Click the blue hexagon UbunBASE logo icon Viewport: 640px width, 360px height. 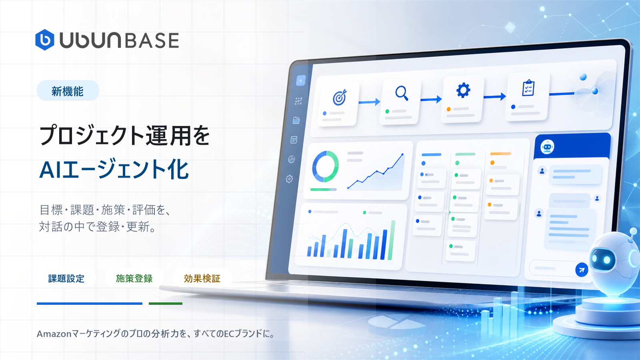[44, 40]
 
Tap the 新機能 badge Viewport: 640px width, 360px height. [68, 91]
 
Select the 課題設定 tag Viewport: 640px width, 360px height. [66, 278]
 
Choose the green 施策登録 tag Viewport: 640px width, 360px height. [134, 278]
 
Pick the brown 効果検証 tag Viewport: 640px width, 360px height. [202, 278]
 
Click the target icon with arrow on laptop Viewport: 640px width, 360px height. [340, 97]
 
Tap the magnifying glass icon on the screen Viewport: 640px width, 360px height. [402, 93]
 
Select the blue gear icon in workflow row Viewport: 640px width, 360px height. [463, 90]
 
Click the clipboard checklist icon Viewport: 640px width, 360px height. [528, 88]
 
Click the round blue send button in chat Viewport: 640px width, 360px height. [582, 270]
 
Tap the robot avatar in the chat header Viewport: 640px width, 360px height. [547, 147]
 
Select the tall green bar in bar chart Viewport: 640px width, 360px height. [391, 240]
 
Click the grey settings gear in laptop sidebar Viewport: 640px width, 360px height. [289, 179]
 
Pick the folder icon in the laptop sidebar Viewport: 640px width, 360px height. [296, 120]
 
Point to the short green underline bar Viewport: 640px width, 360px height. [166, 304]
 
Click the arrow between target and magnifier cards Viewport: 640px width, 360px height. [370, 102]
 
